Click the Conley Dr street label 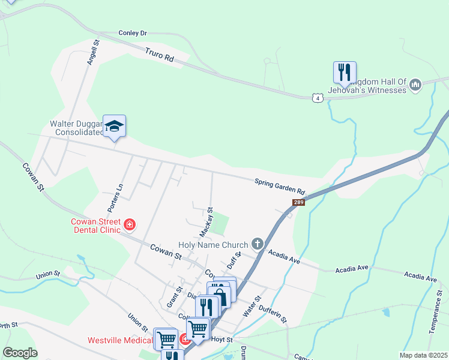(133, 33)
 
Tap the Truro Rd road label (159, 56)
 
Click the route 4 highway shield (318, 97)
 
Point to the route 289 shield (299, 203)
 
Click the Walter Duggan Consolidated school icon (114, 127)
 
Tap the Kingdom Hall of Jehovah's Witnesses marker (415, 86)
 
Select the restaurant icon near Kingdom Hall (345, 73)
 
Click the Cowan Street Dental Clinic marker (130, 226)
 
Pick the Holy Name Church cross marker (258, 244)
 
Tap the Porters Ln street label (115, 197)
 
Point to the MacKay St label (206, 221)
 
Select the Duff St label (234, 261)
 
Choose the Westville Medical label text (118, 340)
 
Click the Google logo (20, 353)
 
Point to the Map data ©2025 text (423, 355)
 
